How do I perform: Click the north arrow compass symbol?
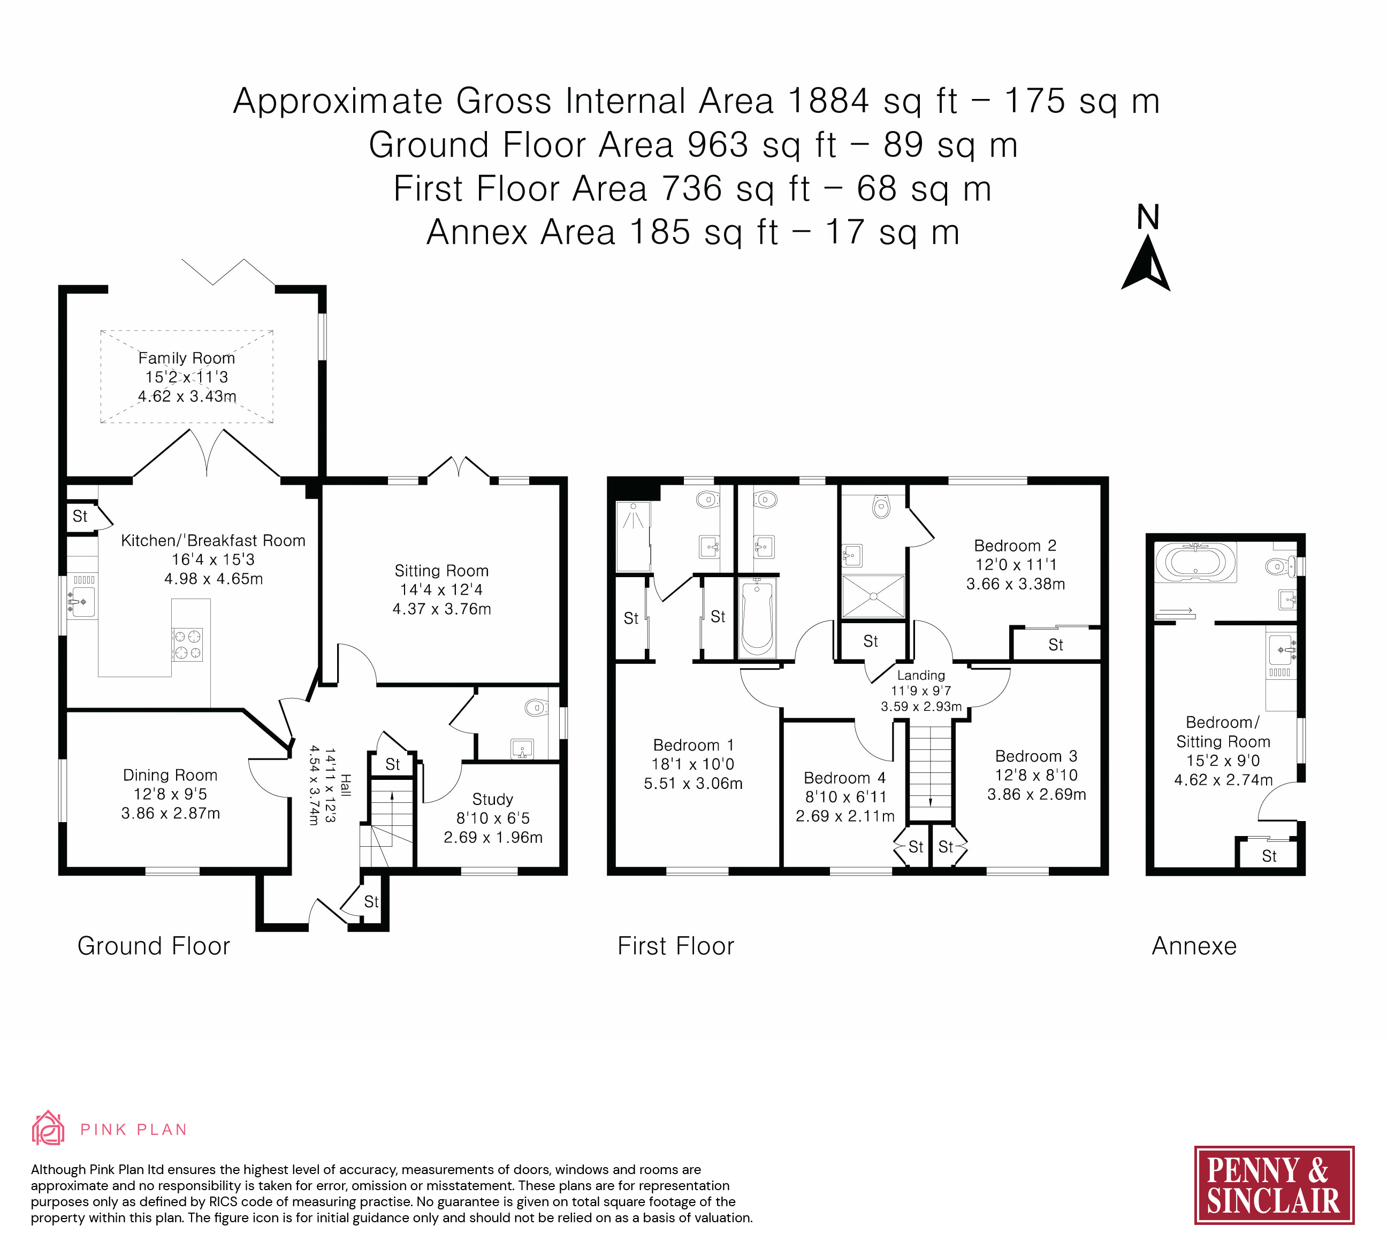1146,263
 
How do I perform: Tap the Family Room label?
186,358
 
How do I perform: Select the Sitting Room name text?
441,571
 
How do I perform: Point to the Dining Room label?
170,775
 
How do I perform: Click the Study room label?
493,799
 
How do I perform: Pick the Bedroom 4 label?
845,778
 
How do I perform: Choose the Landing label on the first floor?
921,675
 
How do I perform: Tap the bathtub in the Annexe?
1196,562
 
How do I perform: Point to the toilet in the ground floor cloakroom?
537,707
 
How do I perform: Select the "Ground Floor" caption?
154,946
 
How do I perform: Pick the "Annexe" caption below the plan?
1194,946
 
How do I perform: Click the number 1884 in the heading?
828,101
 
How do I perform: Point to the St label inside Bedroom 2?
1055,645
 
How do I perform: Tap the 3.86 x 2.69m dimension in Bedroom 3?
1037,794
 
